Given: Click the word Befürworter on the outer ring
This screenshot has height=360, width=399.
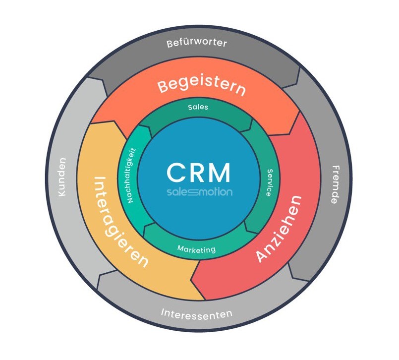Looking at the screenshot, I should tap(197, 43).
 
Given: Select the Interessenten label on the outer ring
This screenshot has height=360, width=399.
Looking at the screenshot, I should tap(196, 313).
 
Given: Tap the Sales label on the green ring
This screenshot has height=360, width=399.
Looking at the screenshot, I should tap(198, 107).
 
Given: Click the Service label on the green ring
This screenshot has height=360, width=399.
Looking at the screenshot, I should tap(268, 181).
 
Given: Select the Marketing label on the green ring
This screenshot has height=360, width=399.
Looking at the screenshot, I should tap(197, 249).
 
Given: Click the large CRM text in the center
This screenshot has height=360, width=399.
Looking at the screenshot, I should tap(198, 172).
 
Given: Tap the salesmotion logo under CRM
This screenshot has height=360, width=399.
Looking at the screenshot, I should tap(198, 191).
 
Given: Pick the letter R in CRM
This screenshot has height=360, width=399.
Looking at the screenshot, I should tap(198, 172).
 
